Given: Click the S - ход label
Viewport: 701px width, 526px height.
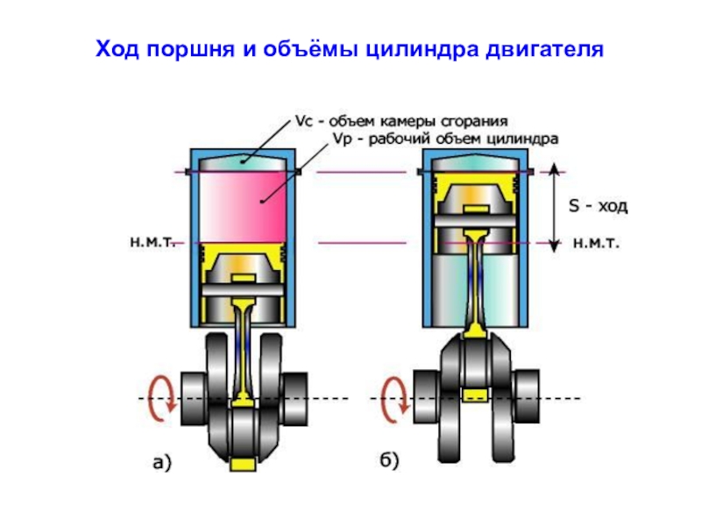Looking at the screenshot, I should coord(598,207).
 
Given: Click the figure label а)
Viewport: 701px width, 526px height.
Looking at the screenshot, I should coord(162,463).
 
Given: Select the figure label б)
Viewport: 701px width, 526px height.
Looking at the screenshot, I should coord(384,463).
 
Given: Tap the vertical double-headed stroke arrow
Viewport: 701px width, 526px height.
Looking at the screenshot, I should coord(554,207).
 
